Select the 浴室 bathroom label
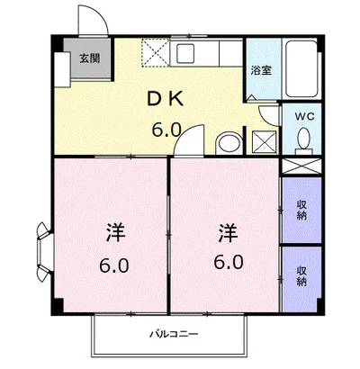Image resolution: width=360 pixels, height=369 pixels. coord(262,69)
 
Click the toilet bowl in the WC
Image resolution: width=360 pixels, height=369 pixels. coord(304,139)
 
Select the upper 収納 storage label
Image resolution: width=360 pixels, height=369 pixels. coord(301,210)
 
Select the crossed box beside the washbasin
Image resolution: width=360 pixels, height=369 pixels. coord(265,142)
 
